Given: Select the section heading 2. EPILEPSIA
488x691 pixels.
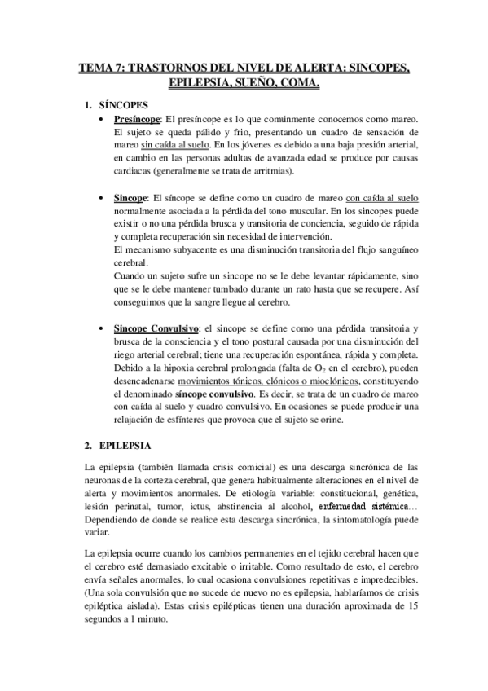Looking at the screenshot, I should click(117, 447).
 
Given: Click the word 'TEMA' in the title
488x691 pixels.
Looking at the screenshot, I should click(95, 68).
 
